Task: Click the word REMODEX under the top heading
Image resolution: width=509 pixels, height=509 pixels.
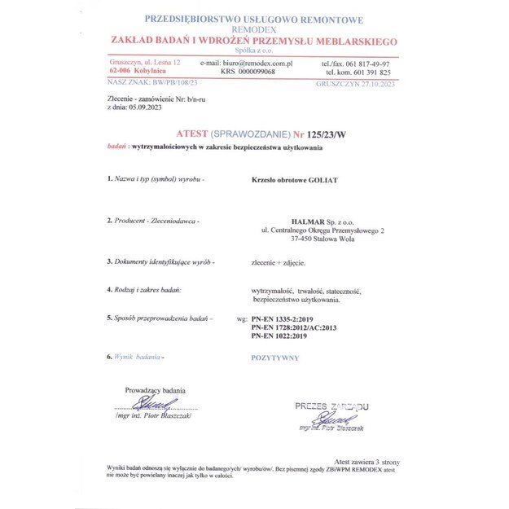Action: coord(254,29)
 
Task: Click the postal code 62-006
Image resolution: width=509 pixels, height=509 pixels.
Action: coord(122,72)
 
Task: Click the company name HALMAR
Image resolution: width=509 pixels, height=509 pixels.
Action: coord(307,222)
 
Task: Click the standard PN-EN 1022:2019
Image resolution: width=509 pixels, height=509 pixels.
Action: coord(279,336)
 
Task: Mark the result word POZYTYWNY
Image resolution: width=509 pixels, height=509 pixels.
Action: coord(274,358)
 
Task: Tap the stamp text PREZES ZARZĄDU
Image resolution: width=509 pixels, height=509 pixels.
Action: coord(331,406)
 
